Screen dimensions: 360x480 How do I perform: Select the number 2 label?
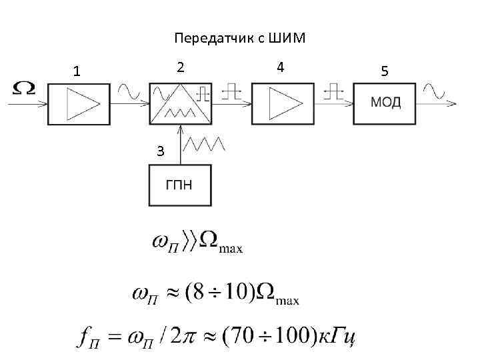tap(180, 67)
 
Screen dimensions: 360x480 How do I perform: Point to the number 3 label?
tap(159, 151)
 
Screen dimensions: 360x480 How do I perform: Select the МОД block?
tap(385, 104)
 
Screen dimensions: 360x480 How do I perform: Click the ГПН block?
tap(179, 185)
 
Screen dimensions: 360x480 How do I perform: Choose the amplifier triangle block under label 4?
tap(283, 104)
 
